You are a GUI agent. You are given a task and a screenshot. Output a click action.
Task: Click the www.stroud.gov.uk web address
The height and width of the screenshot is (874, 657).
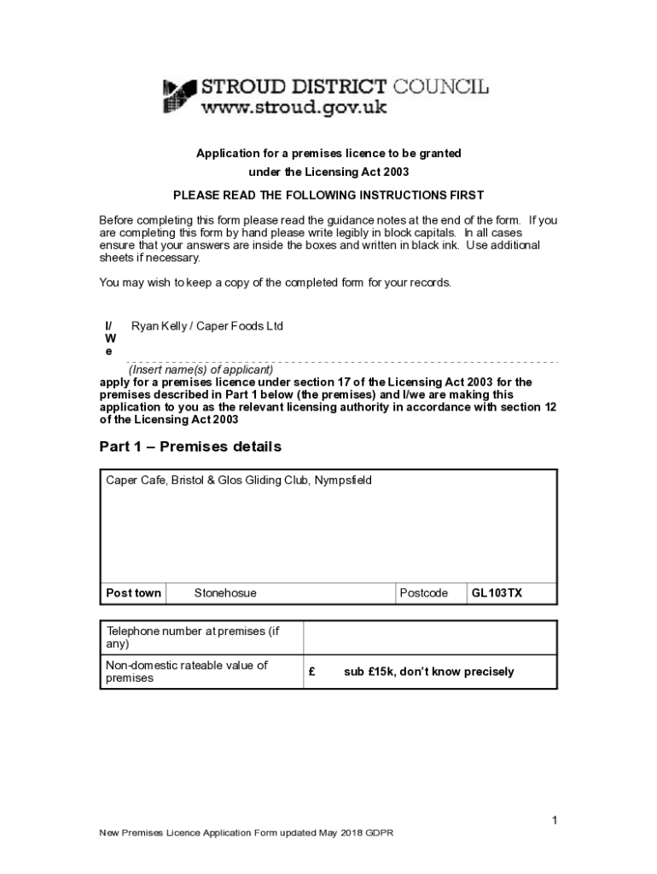[294, 108]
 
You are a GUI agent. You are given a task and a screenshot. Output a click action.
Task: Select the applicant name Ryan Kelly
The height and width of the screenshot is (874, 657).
[159, 326]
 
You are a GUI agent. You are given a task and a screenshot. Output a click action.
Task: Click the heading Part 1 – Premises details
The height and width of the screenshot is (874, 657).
[190, 446]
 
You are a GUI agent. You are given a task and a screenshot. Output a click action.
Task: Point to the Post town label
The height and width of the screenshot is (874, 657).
[133, 593]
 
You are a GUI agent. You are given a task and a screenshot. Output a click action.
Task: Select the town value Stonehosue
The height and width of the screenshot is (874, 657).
[225, 593]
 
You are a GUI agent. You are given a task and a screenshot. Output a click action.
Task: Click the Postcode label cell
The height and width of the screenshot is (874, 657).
[424, 593]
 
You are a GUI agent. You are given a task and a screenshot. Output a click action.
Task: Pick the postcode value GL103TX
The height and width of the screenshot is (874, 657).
[497, 593]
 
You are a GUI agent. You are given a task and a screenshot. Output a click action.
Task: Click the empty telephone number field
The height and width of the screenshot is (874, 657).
[430, 638]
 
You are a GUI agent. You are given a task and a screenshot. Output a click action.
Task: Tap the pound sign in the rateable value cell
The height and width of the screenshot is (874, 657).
[313, 672]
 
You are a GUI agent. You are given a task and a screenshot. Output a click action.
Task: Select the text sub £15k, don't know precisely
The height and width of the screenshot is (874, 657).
[429, 672]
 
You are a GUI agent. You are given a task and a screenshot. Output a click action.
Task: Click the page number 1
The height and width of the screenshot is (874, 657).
[554, 821]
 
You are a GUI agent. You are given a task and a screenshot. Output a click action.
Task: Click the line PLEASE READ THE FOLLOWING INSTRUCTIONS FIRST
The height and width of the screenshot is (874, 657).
[328, 195]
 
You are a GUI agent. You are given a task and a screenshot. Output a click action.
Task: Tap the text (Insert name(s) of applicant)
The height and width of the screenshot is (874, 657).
[201, 370]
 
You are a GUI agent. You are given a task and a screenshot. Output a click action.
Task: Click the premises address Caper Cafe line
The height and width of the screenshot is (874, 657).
[239, 481]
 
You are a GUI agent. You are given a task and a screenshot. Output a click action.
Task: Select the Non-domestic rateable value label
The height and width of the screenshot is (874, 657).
[187, 671]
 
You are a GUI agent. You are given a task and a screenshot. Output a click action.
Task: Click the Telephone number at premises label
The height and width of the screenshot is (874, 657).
[193, 638]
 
